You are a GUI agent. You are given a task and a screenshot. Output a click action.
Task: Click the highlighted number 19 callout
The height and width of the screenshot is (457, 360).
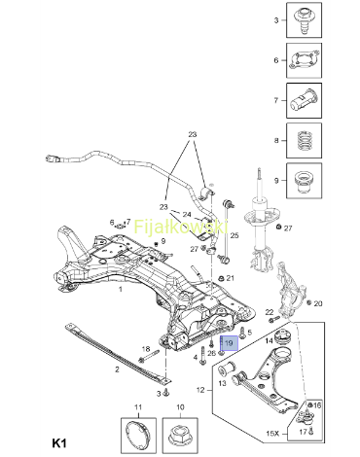pos(229,343)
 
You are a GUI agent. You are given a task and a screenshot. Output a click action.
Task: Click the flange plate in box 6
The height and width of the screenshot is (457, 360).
pos(304,60)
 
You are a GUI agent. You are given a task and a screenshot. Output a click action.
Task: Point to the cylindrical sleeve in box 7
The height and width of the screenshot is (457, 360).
pos(304,100)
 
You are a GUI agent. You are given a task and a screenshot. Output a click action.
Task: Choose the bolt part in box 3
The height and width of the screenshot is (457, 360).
pos(304,20)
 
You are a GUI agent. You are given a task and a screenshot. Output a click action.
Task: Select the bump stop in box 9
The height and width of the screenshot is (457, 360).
pos(304,181)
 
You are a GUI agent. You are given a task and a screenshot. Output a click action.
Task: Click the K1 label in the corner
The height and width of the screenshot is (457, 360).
pos(59,443)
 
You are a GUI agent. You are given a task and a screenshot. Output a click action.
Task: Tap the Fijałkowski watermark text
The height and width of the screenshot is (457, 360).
pos(181,227)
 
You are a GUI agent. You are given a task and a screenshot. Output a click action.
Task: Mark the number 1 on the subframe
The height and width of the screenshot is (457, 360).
pos(121,289)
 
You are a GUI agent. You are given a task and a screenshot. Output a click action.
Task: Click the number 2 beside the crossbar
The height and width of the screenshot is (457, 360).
pos(117,369)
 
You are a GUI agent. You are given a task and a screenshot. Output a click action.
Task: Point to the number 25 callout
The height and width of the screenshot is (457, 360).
pos(234,235)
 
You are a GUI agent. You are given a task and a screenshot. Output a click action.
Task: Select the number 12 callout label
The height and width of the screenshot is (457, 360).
pos(200,390)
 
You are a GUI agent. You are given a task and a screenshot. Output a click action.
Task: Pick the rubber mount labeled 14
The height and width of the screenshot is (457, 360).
pos(283,338)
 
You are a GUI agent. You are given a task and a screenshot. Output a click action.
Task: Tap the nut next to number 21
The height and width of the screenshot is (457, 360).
pos(221,278)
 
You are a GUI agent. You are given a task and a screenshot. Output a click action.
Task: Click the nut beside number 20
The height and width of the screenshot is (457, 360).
pos(308,302)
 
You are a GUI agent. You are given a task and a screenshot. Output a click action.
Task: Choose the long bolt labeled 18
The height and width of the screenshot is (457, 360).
pos(149,356)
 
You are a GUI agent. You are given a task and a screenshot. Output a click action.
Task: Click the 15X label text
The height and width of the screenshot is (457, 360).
pos(272,433)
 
